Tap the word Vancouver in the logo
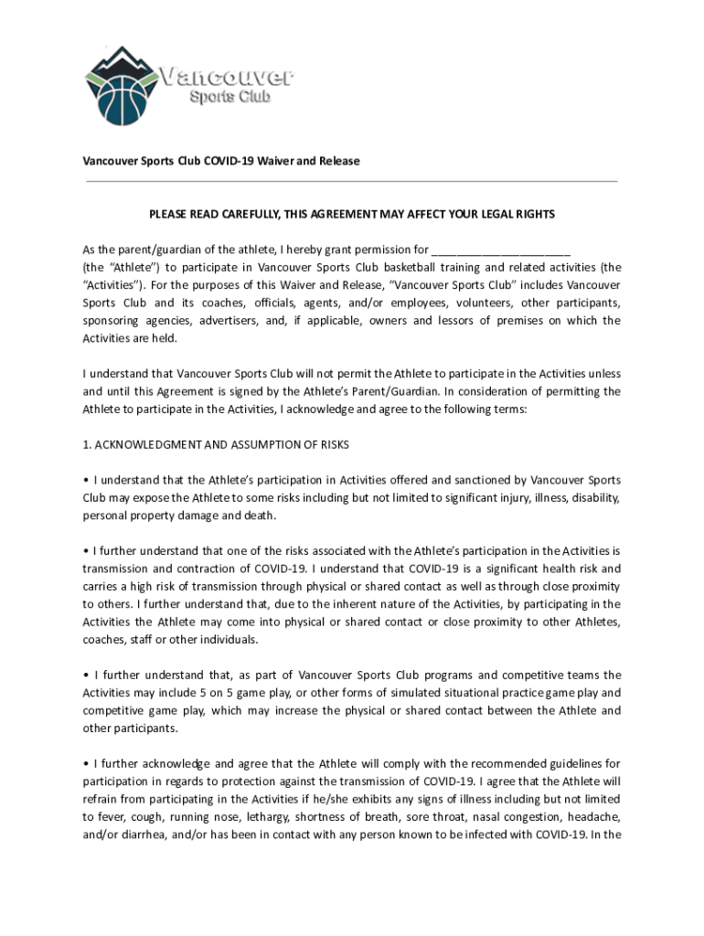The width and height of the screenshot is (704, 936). pos(227,75)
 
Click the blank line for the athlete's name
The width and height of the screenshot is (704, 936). pos(500,249)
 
